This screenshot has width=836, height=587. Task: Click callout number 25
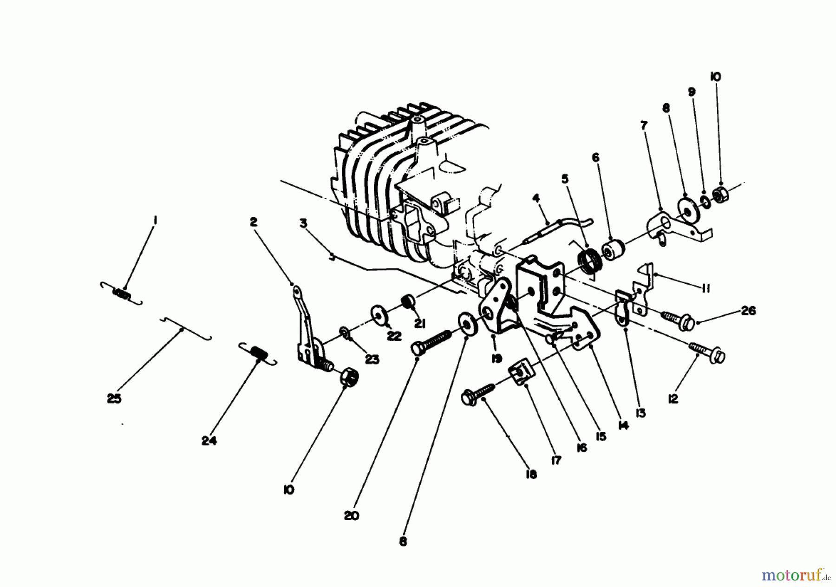[x=114, y=398]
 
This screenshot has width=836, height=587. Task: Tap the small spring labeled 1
[x=122, y=294]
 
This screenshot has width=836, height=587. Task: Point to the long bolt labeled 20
[x=432, y=343]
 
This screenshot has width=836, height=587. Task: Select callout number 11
[x=705, y=289]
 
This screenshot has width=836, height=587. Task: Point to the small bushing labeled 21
[x=407, y=300]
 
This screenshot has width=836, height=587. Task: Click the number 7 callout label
[x=644, y=125]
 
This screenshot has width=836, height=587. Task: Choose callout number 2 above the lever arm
[x=253, y=222]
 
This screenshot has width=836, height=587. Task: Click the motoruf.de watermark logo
[x=794, y=575]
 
